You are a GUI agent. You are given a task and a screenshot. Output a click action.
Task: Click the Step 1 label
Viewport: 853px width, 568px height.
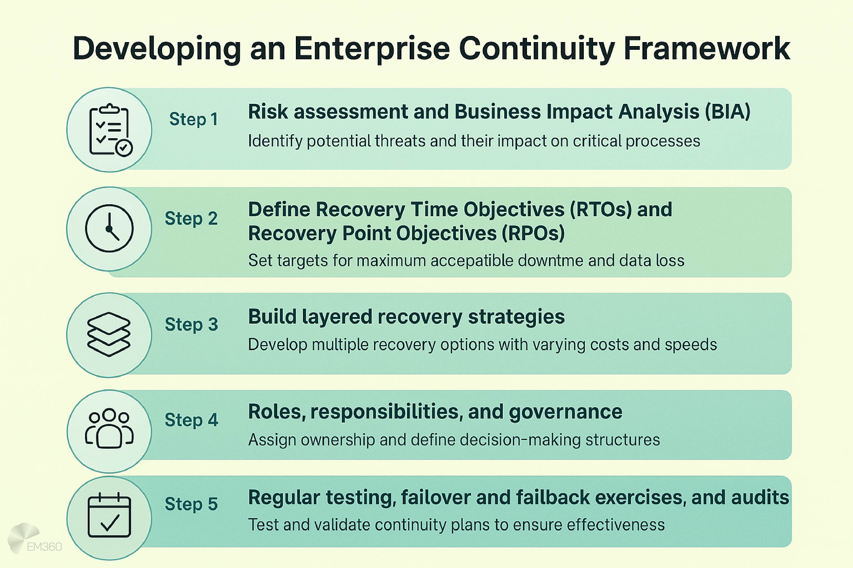point(193,119)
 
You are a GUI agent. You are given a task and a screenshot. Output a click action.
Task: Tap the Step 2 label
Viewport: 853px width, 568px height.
point(191,218)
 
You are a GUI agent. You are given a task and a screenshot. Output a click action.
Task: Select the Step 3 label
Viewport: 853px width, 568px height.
point(191,324)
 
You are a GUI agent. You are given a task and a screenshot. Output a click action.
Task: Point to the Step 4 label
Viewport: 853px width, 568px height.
point(191,420)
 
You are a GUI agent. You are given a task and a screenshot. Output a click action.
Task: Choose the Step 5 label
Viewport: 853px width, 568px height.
point(191,504)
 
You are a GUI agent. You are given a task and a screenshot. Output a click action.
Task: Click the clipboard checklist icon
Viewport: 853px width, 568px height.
point(110,130)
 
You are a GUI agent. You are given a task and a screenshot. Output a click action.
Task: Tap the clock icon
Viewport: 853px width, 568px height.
point(109,228)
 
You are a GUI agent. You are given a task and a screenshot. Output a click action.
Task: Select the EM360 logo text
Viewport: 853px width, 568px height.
point(44,547)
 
